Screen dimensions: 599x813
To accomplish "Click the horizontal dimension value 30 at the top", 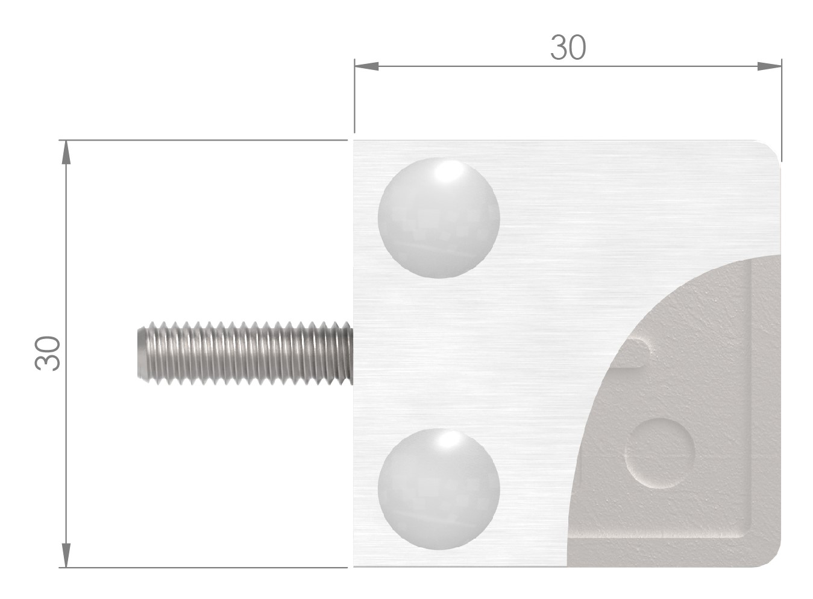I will pos(568,48).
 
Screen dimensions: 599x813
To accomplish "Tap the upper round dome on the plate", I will pos(439,218).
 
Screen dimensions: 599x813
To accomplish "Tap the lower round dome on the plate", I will pos(439,489).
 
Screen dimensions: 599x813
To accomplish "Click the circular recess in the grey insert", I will pos(660,452).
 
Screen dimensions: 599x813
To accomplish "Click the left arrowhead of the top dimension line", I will pos(365,66).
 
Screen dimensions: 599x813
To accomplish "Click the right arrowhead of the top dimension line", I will pos(770,66).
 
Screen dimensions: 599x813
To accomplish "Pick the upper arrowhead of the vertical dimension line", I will pos(66,152).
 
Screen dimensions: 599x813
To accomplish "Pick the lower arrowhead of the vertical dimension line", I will pos(66,556).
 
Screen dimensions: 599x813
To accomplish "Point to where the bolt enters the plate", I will pos(352,353).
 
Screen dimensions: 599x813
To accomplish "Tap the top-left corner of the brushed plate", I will pos(355,142).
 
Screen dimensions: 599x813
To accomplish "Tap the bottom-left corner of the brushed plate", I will pos(355,565).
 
